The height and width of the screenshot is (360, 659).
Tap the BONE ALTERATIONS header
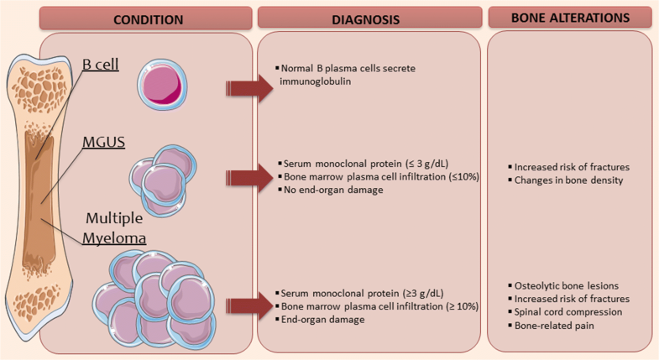click(x=572, y=16)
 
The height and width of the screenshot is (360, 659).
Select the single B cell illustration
click(x=161, y=82)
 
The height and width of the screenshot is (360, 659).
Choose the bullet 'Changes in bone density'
click(x=562, y=180)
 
